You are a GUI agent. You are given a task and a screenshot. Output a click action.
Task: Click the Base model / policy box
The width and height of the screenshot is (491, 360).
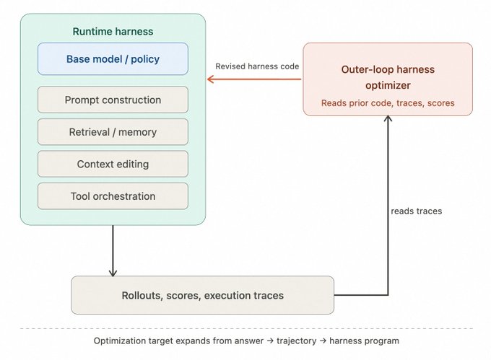[113, 59]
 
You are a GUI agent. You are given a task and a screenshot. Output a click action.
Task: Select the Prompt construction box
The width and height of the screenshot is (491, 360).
[113, 100]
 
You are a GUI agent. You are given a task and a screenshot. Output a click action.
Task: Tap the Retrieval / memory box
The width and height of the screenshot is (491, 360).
[113, 132]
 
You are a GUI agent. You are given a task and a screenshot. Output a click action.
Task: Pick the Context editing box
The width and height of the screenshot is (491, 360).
[113, 164]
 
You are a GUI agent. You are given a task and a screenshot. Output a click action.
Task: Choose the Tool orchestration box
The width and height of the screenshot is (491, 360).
[113, 196]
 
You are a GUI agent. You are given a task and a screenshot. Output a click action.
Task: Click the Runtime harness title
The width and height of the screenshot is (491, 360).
[113, 31]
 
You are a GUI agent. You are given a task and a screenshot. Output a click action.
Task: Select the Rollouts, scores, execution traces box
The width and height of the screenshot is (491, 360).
[203, 295]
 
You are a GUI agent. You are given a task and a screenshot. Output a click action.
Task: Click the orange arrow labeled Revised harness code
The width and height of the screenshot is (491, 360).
[254, 79]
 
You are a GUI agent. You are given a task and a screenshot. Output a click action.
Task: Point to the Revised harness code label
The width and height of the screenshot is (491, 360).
[257, 66]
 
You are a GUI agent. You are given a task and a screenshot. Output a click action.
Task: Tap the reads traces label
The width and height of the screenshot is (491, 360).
[417, 211]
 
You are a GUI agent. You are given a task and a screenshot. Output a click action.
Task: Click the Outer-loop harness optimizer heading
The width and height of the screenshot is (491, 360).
[388, 77]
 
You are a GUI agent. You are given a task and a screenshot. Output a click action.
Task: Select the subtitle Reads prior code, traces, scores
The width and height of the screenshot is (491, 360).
[388, 103]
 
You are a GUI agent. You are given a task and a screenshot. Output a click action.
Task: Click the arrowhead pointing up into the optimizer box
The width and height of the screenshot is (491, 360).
[388, 118]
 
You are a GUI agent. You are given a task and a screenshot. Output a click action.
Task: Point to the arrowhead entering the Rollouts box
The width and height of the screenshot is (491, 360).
[113, 273]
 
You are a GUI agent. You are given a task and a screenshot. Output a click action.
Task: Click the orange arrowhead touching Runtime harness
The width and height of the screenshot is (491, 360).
[210, 79]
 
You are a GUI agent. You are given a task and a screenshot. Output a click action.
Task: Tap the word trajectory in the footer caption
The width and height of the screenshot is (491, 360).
[297, 341]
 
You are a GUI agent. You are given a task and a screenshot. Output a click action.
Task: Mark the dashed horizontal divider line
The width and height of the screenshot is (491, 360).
[246, 329]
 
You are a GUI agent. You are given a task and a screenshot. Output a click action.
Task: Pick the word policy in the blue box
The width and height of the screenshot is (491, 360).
[145, 59]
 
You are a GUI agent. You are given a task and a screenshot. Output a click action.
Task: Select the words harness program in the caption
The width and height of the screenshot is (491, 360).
[364, 341]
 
